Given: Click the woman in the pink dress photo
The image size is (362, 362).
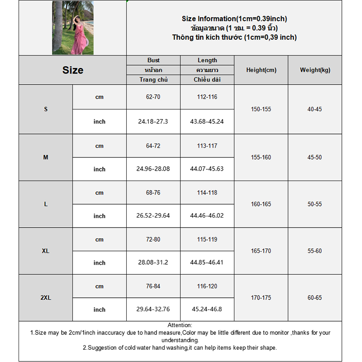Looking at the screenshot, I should [x=73, y=28].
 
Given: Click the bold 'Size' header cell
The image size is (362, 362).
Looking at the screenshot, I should [x=73, y=70].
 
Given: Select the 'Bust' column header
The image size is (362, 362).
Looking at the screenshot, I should [x=153, y=60].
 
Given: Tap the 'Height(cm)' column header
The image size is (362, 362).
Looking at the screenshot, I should [x=261, y=70].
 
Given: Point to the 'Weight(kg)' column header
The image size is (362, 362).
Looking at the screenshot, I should [x=315, y=70].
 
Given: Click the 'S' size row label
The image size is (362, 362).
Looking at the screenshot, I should [x=46, y=109].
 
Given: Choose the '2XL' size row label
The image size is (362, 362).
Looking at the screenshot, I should [x=46, y=298].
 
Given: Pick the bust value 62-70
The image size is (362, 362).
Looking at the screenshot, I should [x=153, y=97].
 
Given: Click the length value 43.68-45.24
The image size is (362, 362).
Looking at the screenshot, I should [x=207, y=121].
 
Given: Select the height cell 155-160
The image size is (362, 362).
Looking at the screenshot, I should [x=261, y=157].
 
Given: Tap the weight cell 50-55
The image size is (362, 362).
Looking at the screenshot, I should [x=315, y=204].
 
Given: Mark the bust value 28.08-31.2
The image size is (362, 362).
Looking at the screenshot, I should [x=153, y=262].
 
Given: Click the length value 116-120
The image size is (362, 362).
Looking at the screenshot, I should [x=207, y=286].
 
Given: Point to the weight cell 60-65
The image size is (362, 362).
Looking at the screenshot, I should [x=315, y=298].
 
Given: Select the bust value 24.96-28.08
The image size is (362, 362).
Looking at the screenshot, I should [x=153, y=169].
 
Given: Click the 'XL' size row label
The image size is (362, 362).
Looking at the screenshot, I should [x=46, y=251].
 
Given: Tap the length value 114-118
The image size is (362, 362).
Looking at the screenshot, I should [x=207, y=193].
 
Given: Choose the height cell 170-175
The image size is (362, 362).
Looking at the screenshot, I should [x=261, y=298].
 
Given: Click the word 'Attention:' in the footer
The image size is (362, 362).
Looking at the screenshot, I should [x=180, y=325].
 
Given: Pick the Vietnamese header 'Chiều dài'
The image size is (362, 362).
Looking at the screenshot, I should [x=207, y=80].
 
